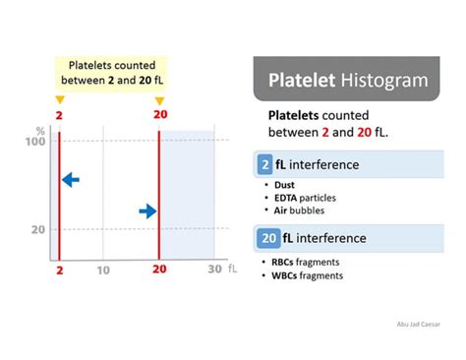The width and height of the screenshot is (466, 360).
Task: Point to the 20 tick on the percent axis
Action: [37, 229]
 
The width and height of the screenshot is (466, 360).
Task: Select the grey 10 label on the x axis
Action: [102, 270]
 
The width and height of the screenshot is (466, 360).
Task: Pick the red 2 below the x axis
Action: [60, 270]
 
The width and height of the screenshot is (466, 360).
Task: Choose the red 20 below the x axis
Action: [159, 270]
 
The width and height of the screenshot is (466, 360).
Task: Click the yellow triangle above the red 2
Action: [60, 100]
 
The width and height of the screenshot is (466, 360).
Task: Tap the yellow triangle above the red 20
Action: [159, 100]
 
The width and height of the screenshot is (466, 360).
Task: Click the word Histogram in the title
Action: [379, 80]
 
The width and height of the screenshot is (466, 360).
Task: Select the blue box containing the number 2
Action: [266, 164]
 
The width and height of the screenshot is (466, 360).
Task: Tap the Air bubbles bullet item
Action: [301, 210]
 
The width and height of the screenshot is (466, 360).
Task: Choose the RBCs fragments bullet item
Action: [312, 262]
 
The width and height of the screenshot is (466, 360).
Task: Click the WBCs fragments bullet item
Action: [313, 275]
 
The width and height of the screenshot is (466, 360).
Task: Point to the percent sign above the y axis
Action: [40, 129]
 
